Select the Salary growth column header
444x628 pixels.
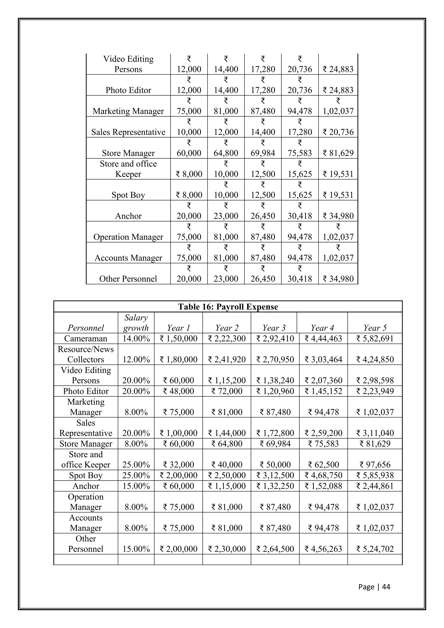pyautogui.click(x=136, y=323)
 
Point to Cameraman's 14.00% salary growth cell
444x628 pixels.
pyautogui.click(x=136, y=339)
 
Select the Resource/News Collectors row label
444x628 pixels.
pyautogui.click(x=86, y=354)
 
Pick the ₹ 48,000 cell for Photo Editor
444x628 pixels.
pyautogui.click(x=178, y=391)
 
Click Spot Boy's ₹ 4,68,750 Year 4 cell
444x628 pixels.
pyautogui.click(x=323, y=475)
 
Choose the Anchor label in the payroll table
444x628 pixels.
pyautogui.click(x=86, y=486)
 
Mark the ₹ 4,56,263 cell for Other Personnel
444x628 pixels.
pyautogui.click(x=323, y=549)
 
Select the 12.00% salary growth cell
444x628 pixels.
pyautogui.click(x=136, y=359)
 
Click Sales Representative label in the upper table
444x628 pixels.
pyautogui.click(x=128, y=132)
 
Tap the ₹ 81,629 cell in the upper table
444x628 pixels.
pyautogui.click(x=338, y=153)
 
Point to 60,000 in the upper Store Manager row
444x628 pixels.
pyautogui.click(x=189, y=153)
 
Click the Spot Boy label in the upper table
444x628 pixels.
pyautogui.click(x=128, y=195)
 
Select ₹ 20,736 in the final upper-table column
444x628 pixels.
pyautogui.click(x=338, y=132)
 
